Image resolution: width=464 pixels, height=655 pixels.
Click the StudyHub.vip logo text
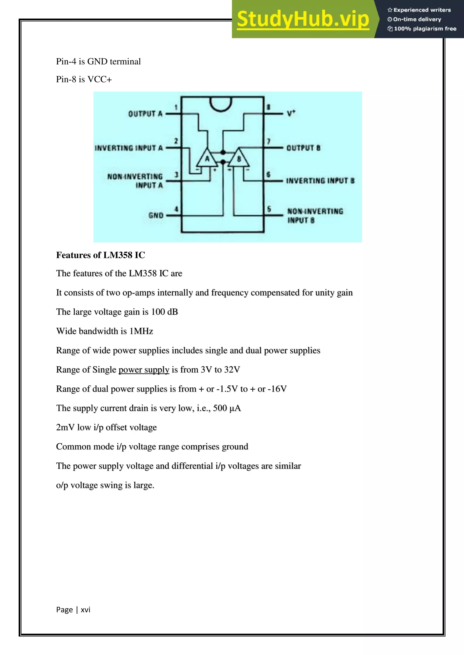(303, 19)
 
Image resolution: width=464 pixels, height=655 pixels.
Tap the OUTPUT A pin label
(145, 114)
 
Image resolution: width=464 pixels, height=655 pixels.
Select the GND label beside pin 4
(156, 215)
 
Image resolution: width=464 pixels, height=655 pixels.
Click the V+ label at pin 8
(291, 113)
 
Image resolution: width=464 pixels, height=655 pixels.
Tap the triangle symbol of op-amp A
(207, 159)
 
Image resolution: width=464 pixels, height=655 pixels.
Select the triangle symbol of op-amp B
(239, 159)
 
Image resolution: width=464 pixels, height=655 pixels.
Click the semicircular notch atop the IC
(221, 104)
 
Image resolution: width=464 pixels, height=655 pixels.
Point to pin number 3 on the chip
(176, 175)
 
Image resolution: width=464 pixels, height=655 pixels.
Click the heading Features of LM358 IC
(101, 255)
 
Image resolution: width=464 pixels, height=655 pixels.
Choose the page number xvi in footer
(85, 610)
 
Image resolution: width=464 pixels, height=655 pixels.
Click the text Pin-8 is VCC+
(84, 79)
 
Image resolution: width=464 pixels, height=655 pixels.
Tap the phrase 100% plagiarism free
(425, 29)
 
